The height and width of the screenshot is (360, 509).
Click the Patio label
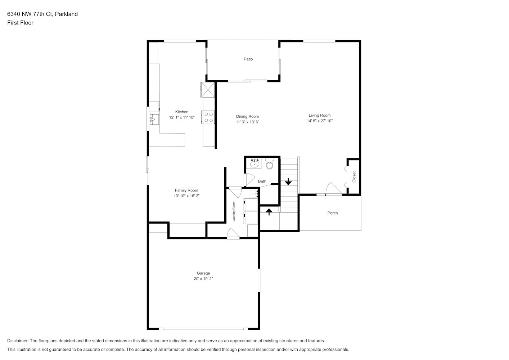tap(248, 59)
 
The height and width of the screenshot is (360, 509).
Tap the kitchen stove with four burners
tap(208, 117)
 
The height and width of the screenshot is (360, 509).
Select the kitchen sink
tap(154, 120)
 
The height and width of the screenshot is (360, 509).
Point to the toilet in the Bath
tap(270, 164)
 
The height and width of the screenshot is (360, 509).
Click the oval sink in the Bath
tap(255, 163)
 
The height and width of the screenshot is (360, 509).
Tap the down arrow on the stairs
tap(288, 181)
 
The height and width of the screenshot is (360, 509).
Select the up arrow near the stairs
tap(269, 212)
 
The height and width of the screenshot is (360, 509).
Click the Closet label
tap(354, 177)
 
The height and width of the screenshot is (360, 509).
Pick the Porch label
tap(333, 213)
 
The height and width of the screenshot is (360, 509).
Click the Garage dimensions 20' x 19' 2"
tap(203, 279)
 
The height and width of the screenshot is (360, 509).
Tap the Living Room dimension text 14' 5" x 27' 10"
tap(320, 121)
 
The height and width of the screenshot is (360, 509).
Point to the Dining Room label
tap(247, 116)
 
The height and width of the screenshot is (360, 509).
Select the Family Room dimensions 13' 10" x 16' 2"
tap(186, 196)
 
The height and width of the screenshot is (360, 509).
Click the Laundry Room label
tap(234, 211)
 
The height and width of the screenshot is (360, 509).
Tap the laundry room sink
tap(254, 194)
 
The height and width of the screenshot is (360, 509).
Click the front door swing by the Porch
tap(334, 189)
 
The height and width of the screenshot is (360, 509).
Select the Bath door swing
tap(249, 180)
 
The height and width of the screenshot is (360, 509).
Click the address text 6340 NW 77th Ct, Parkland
tap(42, 14)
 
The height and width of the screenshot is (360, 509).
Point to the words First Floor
tap(20, 23)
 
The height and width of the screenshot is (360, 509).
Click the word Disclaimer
tap(18, 341)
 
